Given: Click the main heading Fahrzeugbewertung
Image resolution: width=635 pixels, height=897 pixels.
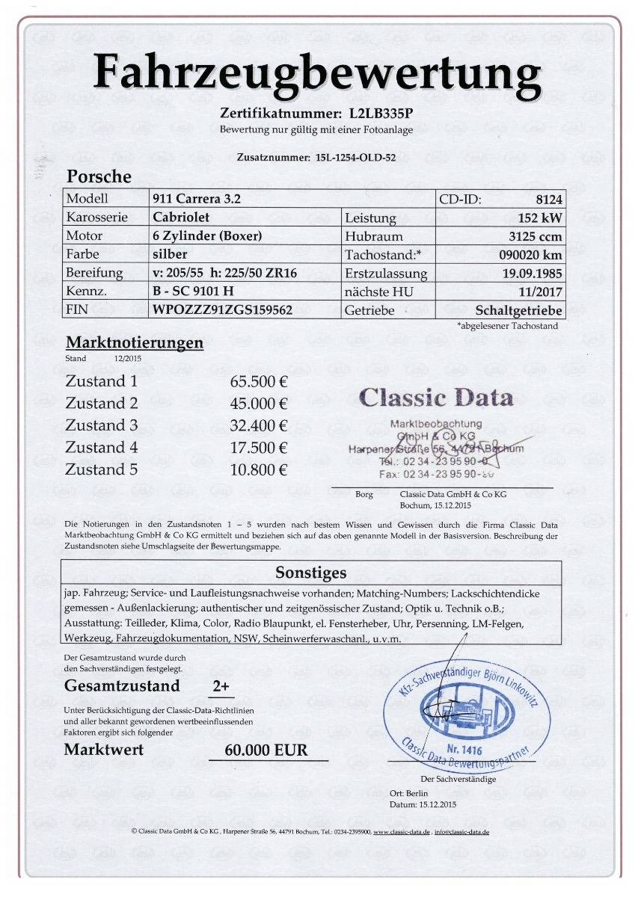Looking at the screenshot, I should click(x=317, y=75).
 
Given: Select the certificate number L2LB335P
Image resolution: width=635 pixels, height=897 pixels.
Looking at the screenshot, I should click(x=381, y=114).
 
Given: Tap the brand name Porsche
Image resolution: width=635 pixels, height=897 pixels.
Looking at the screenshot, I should click(x=99, y=177).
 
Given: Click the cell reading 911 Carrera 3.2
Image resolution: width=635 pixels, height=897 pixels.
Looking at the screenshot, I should click(x=197, y=199).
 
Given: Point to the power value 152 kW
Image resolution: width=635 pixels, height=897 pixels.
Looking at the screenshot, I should click(x=540, y=218).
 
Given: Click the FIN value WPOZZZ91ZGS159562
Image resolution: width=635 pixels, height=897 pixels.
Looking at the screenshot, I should click(x=221, y=309).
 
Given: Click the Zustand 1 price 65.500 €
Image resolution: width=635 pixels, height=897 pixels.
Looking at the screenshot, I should click(x=259, y=381).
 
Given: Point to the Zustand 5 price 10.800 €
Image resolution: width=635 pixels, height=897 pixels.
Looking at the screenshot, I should click(x=259, y=469).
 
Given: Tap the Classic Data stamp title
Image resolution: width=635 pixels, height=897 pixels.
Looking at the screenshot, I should click(x=436, y=397).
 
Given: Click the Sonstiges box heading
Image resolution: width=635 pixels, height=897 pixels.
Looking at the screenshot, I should click(x=311, y=573).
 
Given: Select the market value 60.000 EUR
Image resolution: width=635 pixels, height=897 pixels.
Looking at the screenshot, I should click(x=266, y=750).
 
